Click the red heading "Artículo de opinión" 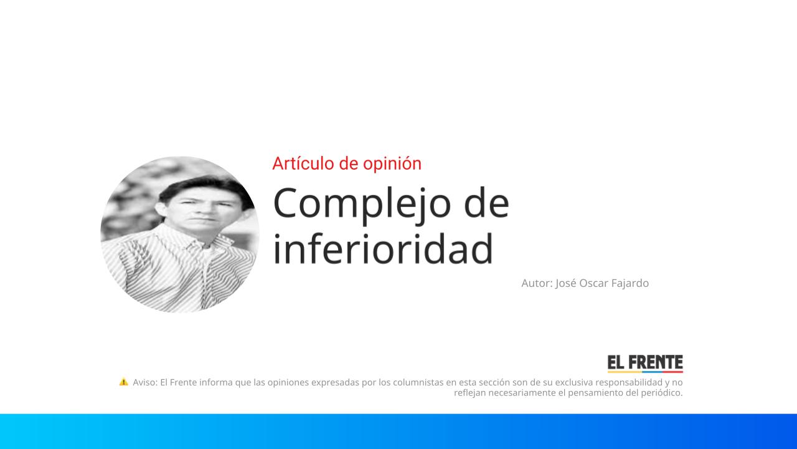(347, 163)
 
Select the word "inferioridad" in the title (383, 248)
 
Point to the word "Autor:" (537, 283)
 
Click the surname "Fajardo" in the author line (628, 283)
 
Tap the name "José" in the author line (566, 283)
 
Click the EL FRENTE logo (645, 363)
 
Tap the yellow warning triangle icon (123, 382)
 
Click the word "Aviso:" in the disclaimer (145, 382)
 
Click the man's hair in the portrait (190, 186)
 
